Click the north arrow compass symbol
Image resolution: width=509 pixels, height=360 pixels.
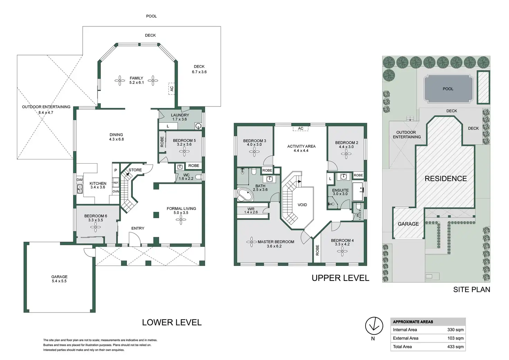tap(374, 326)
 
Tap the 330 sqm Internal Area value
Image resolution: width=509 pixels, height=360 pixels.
tap(455, 330)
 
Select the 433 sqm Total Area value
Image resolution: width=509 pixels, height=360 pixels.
tap(455, 347)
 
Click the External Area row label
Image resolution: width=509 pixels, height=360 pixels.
tap(406, 338)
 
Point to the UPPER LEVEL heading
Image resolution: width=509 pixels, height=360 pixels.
tap(340, 278)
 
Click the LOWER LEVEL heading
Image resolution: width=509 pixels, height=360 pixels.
tap(172, 323)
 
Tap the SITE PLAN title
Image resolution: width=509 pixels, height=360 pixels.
tap(471, 290)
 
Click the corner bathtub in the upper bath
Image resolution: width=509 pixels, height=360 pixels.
tap(245, 195)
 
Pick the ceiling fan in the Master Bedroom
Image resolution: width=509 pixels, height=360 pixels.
tap(251, 242)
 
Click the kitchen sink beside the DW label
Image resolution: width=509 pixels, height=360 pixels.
tap(80, 189)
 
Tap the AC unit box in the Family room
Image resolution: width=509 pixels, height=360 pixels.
tap(172, 88)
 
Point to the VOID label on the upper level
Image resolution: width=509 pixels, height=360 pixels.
tap(302, 205)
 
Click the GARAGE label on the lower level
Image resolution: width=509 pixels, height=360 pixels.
tap(59, 277)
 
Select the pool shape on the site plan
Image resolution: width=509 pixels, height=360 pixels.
tap(448, 89)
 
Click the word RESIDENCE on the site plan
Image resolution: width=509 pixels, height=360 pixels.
tap(445, 179)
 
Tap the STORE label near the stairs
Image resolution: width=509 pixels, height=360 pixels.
tap(135, 170)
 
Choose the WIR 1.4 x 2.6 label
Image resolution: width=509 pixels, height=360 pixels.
tap(251, 211)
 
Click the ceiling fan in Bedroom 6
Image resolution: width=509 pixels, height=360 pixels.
tap(95, 227)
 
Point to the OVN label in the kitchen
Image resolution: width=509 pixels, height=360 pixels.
tap(115, 192)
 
